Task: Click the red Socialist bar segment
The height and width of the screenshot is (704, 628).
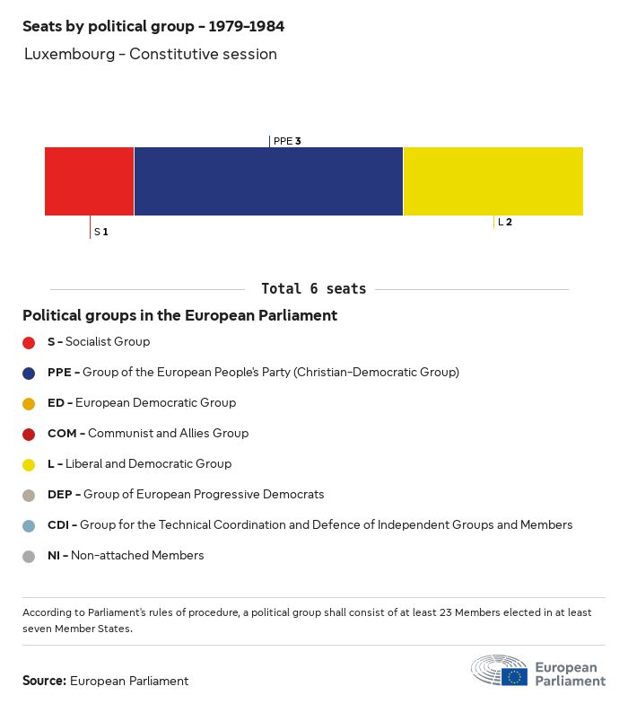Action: point(89,181)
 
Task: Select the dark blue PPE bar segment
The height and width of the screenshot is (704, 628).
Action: point(268,181)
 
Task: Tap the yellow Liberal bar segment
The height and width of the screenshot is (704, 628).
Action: point(493,181)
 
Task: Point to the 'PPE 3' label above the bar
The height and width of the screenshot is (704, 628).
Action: point(286,141)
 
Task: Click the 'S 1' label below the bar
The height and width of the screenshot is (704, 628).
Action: point(101,232)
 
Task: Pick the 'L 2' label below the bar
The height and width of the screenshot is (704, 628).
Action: point(505,222)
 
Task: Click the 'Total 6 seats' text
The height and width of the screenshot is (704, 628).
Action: point(313,289)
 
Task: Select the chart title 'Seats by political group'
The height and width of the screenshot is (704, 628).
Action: point(153,26)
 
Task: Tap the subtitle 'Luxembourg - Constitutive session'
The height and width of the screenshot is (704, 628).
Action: point(150,54)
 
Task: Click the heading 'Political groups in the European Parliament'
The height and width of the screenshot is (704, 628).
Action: point(179,315)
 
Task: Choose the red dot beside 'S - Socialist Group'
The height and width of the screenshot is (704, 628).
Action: point(29,342)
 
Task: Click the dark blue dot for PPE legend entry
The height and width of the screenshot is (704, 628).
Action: point(29,373)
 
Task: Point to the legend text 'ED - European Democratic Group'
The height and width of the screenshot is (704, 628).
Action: point(141,402)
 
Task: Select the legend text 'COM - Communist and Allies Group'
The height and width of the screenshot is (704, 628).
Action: point(147,433)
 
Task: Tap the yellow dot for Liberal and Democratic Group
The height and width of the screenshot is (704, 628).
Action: point(29,464)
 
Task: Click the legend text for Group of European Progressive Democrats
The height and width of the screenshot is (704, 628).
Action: point(186,494)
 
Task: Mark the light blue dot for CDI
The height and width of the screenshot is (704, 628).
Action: point(29,525)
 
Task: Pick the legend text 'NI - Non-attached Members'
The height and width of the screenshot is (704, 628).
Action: point(126,555)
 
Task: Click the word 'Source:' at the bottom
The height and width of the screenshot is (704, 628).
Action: point(44,681)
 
